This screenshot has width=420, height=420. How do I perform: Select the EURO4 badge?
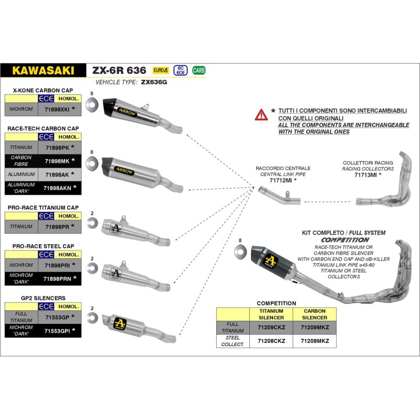pyautogui.click(x=161, y=70)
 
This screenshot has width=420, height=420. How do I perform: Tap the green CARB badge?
pyautogui.click(x=199, y=70)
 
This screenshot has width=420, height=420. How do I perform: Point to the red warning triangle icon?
pyautogui.click(x=260, y=114)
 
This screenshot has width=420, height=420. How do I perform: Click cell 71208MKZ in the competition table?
pyautogui.click(x=314, y=341)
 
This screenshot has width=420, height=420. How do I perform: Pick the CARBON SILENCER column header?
pyautogui.click(x=314, y=314)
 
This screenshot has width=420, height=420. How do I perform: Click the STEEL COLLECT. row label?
pyautogui.click(x=233, y=341)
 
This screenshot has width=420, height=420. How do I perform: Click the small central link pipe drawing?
pyautogui.click(x=278, y=198)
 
